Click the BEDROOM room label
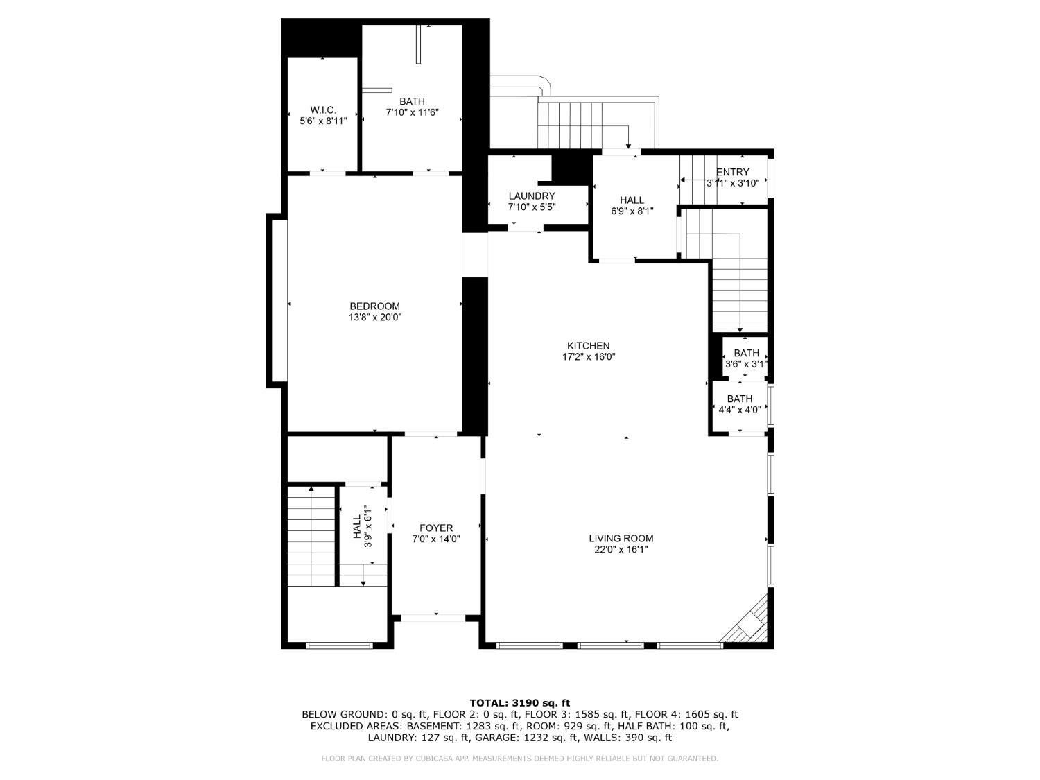[374, 306]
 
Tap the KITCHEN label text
[588, 346]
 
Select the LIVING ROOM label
[621, 539]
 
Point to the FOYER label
[436, 528]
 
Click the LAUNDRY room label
[531, 196]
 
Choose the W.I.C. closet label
[323, 110]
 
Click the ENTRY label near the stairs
[733, 173]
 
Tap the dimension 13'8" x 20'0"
[375, 318]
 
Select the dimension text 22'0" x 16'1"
[621, 550]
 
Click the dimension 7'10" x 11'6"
[412, 112]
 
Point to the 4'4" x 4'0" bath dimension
[740, 410]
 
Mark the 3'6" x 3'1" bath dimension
[746, 364]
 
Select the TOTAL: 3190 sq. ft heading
[519, 703]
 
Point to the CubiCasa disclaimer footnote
[519, 759]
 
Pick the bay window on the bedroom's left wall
[277, 300]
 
